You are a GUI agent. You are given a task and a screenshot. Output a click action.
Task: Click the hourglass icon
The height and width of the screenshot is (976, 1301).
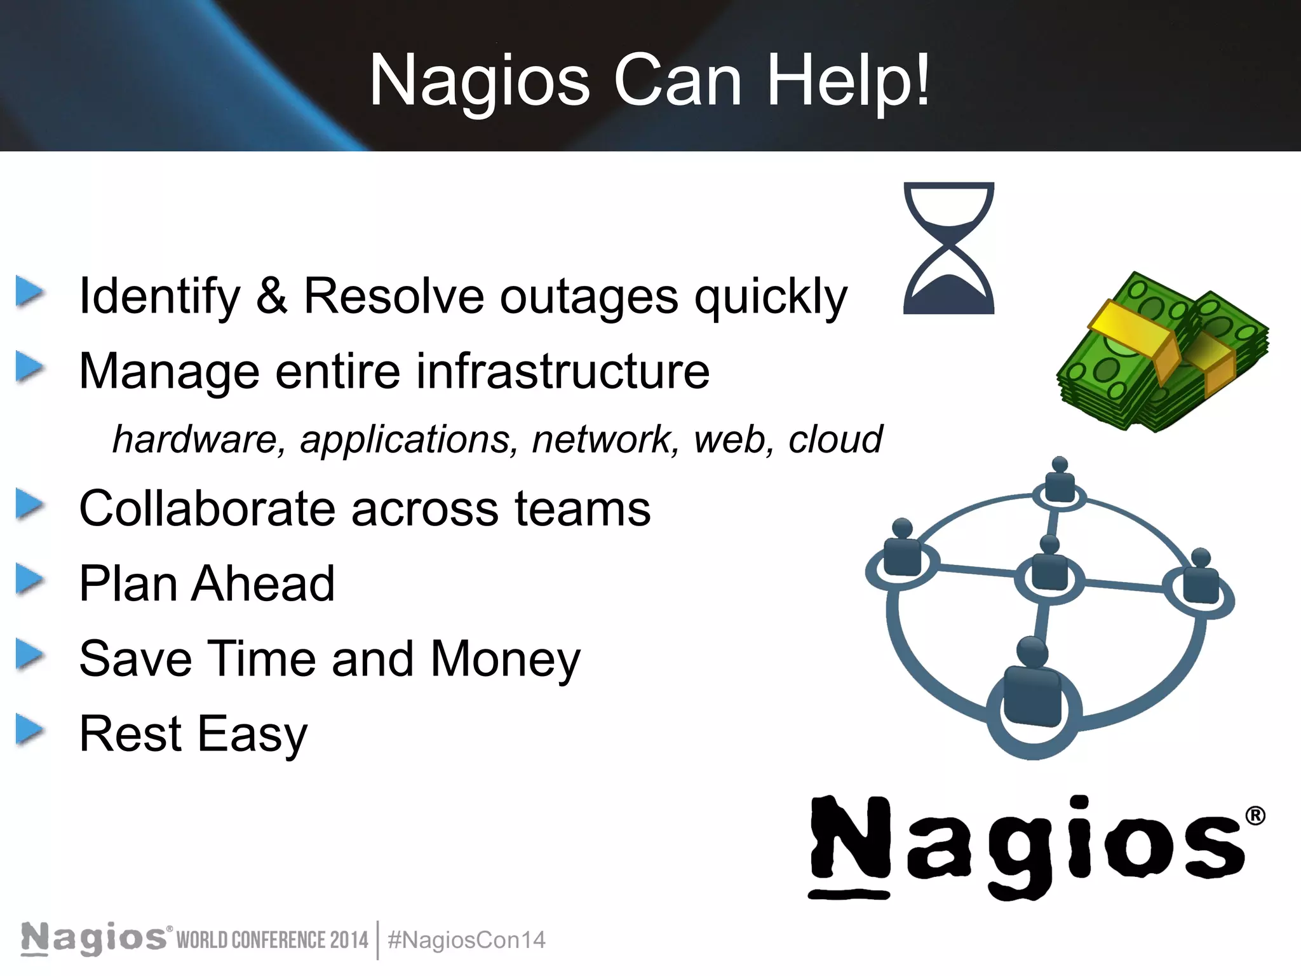tap(948, 248)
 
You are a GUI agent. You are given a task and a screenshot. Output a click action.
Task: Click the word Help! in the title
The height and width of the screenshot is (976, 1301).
tap(847, 81)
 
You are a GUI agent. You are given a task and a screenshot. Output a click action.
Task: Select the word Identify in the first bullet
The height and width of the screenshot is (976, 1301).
tap(159, 297)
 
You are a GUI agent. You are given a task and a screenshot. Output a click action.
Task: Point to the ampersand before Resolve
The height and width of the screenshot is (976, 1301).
tap(272, 295)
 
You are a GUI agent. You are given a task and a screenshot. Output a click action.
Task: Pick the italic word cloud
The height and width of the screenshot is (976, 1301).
tap(835, 439)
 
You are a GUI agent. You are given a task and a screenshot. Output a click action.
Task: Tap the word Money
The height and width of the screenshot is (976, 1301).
tap(505, 659)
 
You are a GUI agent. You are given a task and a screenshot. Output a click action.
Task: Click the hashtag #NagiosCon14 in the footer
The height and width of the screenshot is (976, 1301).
tap(466, 940)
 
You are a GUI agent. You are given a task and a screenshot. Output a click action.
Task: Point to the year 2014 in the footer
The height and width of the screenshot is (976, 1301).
tap(349, 940)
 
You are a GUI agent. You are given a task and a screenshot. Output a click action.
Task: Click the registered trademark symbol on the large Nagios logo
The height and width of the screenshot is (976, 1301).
tap(1255, 816)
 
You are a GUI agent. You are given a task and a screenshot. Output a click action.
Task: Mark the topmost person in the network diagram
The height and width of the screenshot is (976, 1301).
tap(1060, 480)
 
